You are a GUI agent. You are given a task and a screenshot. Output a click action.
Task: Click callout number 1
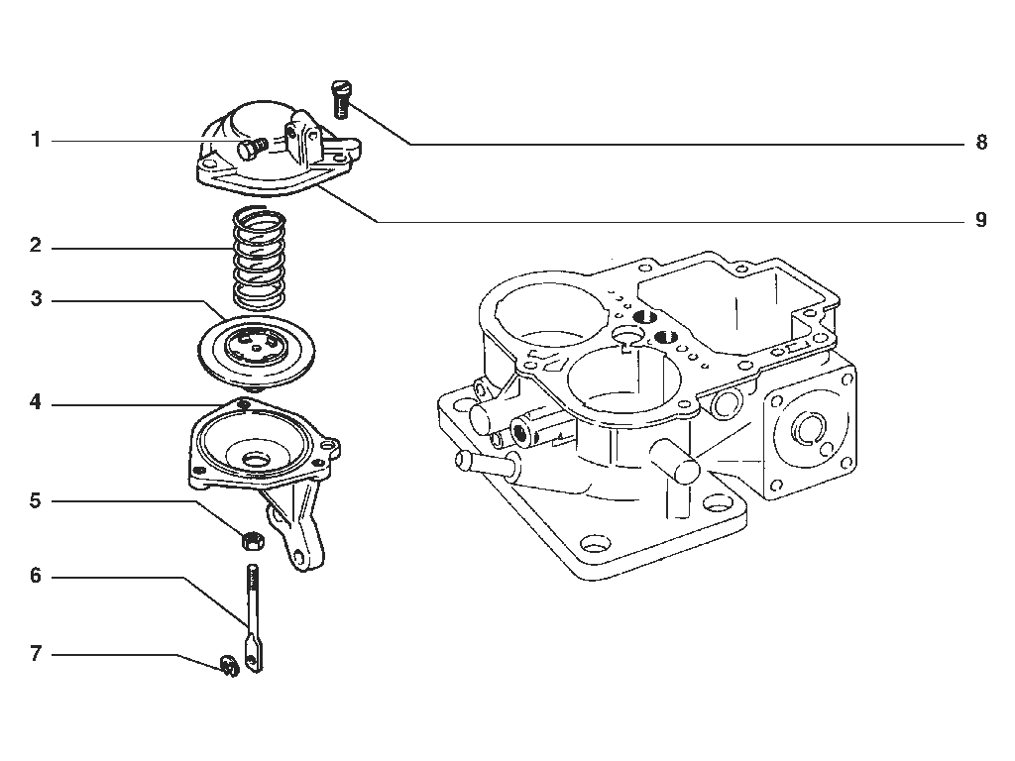(37, 140)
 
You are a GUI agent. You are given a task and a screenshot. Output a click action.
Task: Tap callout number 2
(37, 246)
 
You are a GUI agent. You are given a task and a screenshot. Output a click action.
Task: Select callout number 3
(37, 299)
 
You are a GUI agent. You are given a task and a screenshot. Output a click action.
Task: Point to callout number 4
(36, 402)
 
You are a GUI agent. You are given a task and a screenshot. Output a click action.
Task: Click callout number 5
(37, 500)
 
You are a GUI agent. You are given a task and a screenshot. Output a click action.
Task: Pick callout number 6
(37, 576)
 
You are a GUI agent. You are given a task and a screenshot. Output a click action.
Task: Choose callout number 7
(37, 654)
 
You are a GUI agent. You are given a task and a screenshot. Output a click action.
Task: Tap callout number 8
(981, 143)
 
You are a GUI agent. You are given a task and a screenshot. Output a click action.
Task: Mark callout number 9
(981, 220)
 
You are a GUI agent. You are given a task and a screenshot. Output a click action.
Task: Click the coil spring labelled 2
(259, 258)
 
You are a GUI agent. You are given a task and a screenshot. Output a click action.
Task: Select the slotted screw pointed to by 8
(341, 99)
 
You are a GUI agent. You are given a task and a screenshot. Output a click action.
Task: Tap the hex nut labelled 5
(252, 540)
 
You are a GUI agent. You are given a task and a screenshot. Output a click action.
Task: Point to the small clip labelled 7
(229, 666)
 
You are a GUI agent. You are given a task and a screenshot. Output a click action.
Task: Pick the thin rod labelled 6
(253, 618)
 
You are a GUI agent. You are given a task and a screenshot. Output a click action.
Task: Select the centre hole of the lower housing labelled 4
(257, 460)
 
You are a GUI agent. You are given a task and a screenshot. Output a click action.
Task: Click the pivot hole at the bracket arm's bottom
(298, 556)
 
